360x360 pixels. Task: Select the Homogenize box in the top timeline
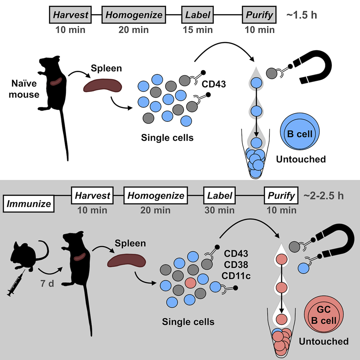(x=133, y=16)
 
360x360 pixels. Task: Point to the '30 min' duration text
(x=219, y=210)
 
